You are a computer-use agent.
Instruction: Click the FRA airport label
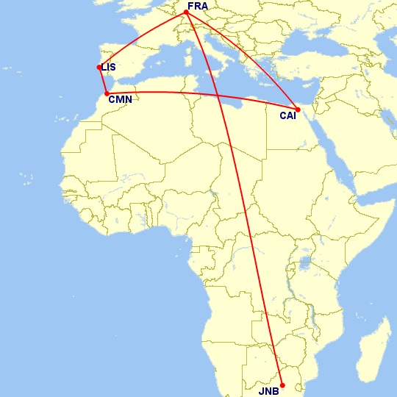(198, 6)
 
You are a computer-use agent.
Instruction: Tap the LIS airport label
(109, 68)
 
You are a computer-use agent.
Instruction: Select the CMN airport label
(119, 100)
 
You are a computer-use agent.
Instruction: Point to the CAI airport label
(288, 115)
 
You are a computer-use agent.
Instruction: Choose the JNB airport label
(268, 391)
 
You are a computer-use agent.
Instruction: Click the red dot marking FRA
(187, 12)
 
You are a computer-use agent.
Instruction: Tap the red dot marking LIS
(99, 67)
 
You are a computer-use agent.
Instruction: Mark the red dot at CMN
(107, 93)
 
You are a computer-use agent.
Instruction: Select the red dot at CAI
(298, 110)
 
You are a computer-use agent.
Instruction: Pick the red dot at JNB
(282, 385)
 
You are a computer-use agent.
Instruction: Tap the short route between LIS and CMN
(102, 79)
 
